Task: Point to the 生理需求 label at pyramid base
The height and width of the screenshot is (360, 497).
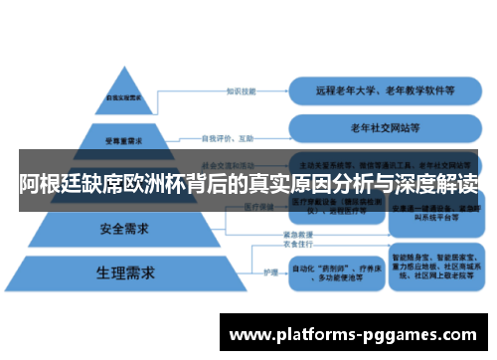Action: click(x=123, y=271)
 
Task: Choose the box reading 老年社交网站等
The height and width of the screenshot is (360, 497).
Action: click(x=386, y=128)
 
